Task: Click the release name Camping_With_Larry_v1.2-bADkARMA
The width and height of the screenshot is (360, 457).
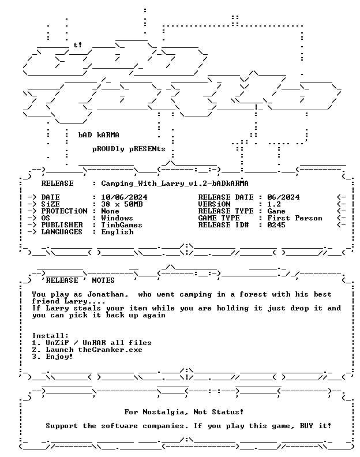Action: point(175,183)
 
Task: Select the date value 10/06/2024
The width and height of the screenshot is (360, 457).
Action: point(124,197)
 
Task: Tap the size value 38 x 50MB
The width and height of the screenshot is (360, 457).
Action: point(122,204)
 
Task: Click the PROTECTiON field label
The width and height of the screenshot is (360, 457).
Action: point(64,211)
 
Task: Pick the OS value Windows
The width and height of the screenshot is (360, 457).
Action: point(117,218)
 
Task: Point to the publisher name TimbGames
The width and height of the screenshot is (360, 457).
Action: point(122,225)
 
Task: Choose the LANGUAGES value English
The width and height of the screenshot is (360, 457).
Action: point(117,233)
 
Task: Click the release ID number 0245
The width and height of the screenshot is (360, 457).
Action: point(276,225)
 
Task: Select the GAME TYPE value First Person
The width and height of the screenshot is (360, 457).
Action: point(295,218)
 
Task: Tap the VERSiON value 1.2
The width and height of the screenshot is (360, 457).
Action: point(274,204)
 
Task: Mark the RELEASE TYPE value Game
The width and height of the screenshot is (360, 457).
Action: point(276,211)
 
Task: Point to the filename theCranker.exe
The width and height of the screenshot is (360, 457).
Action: point(110,350)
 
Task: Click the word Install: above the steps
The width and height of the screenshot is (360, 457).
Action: point(50,336)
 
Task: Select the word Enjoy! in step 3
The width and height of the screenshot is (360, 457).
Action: point(59,357)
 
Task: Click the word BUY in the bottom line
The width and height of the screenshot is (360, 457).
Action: point(306,426)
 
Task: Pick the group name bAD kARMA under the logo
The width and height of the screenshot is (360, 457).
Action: point(99,135)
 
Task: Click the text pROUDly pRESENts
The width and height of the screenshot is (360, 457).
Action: point(129,149)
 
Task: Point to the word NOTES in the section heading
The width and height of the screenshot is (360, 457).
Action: point(103,280)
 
